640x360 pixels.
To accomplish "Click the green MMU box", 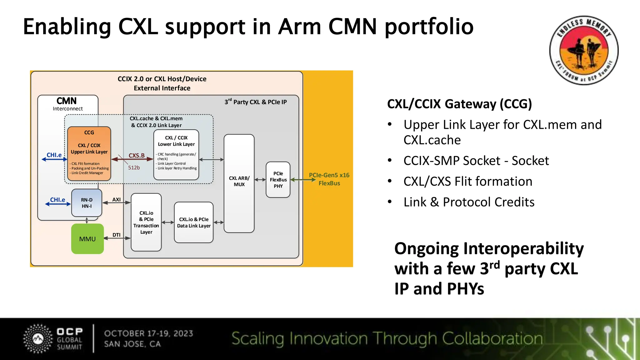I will (x=87, y=239).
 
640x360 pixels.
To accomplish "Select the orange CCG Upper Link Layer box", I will (x=89, y=153).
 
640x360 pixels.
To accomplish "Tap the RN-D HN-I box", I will (x=87, y=203).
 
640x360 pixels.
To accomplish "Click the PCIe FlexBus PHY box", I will (x=278, y=180).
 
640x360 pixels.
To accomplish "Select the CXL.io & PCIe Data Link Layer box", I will (x=194, y=222).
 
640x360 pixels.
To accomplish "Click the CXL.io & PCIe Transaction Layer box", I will (x=146, y=222).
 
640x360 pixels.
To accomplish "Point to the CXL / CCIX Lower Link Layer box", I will (x=176, y=155).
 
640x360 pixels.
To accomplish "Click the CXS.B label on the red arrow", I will (x=137, y=155).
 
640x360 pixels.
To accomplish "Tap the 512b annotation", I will (x=134, y=167).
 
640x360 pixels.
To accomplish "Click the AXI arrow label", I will (x=116, y=199).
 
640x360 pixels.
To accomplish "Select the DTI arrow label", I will (x=116, y=235).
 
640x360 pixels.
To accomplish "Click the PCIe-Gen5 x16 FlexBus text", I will (x=329, y=179).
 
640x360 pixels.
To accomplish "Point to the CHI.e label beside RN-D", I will (x=57, y=200).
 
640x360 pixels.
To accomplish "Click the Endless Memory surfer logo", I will (x=583, y=50).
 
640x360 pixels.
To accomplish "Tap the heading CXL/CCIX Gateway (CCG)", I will (x=459, y=104).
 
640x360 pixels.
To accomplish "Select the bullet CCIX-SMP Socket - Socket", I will (x=476, y=161).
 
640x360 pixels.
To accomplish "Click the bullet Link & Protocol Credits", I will (x=469, y=202).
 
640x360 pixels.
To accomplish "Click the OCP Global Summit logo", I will (x=53, y=339).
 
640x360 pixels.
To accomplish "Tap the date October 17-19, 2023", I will (x=148, y=333).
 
